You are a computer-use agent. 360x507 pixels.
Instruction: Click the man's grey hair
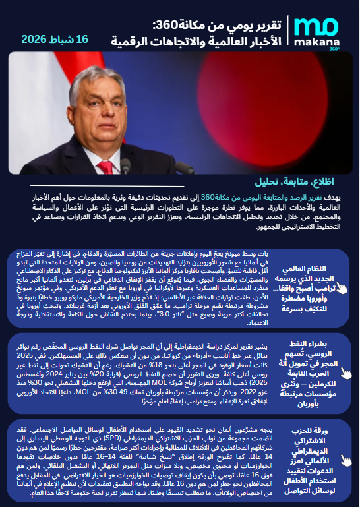pos(111,67)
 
